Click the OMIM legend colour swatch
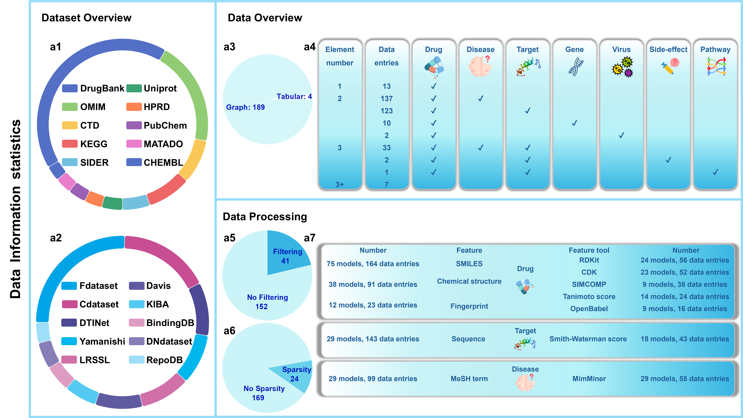[70, 107]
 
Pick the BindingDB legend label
[170, 323]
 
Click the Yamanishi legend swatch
[69, 341]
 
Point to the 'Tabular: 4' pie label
[294, 96]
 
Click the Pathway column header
[715, 50]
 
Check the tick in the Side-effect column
[668, 160]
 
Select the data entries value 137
[387, 99]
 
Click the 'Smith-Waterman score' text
[588, 339]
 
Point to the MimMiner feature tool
[589, 379]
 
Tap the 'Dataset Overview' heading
[87, 18]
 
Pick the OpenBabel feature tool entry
[589, 309]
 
